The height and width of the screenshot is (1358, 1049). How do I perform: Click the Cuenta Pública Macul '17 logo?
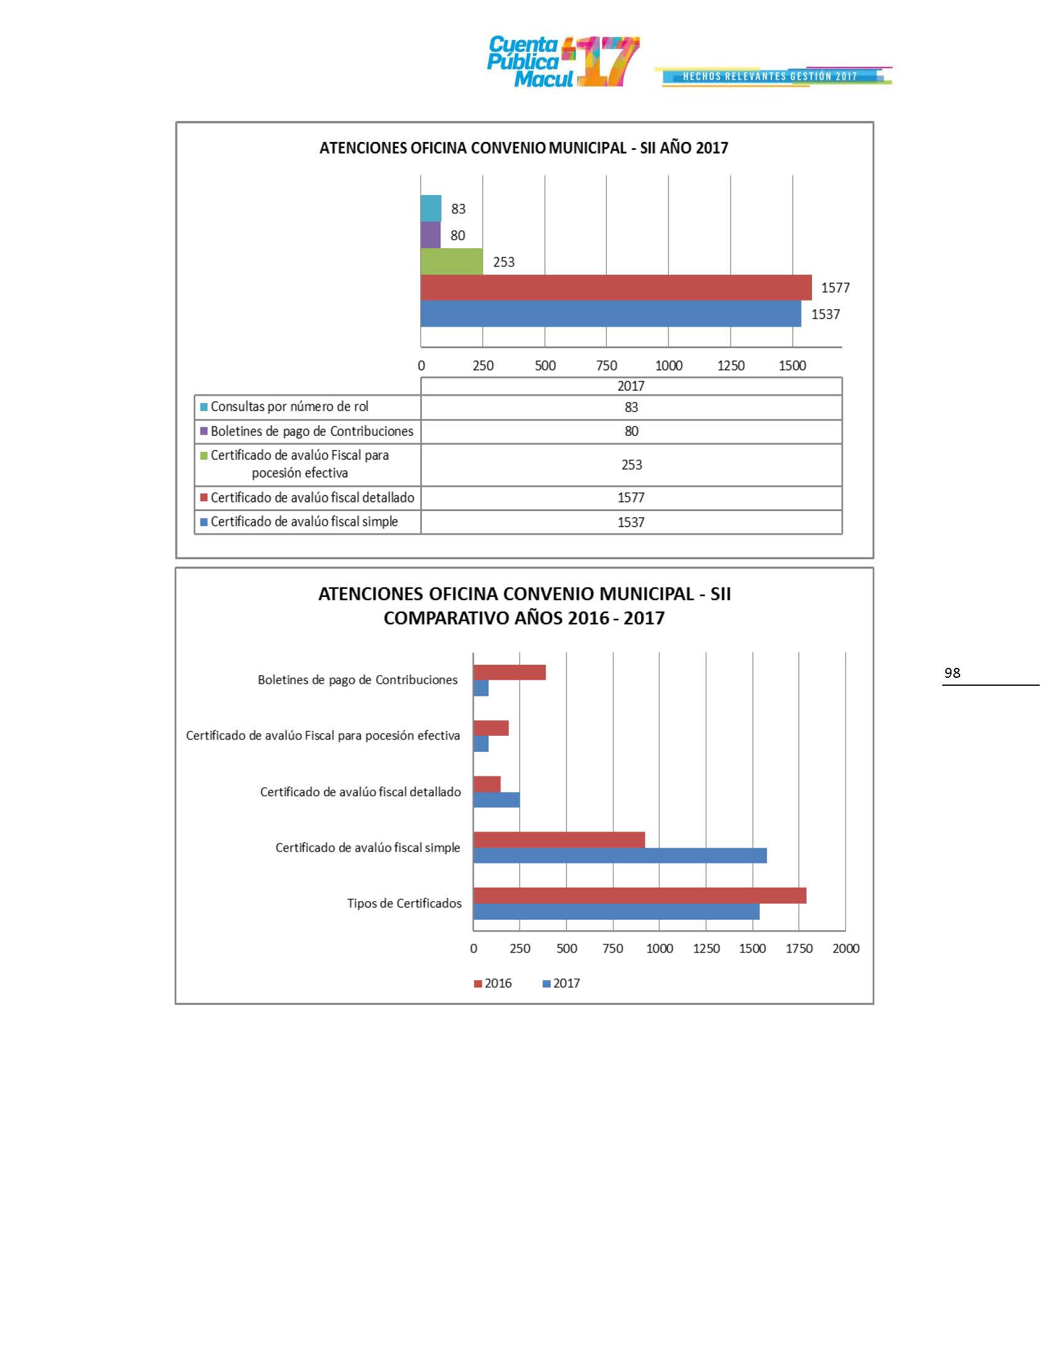pos(562,62)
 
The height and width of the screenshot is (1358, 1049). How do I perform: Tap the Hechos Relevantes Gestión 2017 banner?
pos(771,77)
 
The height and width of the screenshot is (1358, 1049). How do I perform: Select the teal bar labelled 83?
pos(431,208)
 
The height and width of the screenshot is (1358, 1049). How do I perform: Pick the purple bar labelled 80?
pos(430,235)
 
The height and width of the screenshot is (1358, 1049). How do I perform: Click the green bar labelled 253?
pos(451,261)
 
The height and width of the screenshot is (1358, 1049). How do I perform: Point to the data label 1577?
pos(835,288)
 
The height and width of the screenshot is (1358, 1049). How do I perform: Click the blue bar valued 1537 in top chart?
pos(610,314)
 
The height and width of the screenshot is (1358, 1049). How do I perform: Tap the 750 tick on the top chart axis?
pos(607,365)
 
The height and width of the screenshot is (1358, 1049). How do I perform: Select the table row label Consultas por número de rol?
pos(289,407)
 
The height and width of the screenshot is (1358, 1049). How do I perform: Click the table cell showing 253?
pos(631,464)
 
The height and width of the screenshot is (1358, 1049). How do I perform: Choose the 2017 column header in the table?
pos(631,386)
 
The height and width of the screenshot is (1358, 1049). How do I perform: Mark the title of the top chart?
pos(523,148)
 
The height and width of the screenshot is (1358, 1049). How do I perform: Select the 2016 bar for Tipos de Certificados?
pos(639,896)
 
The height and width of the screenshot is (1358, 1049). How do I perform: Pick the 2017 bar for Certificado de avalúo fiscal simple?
pos(620,855)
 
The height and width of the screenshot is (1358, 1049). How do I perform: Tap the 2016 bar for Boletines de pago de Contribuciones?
pos(509,672)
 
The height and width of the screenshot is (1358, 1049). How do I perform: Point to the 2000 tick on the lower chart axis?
pos(845,948)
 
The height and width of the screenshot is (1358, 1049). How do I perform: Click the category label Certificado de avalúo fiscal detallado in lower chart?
pos(360,791)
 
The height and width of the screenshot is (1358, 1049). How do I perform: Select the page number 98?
pos(952,673)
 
